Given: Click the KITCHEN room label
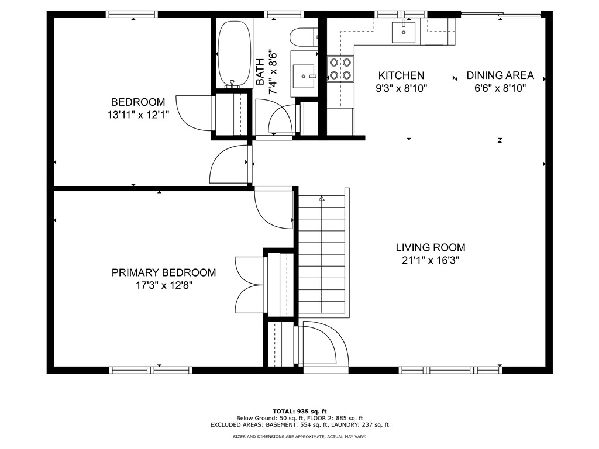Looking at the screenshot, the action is pos(401,75).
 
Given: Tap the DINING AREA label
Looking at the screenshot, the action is pos(500,75).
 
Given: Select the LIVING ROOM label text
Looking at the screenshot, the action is pos(431,247).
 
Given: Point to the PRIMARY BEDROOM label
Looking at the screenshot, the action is pos(164,272).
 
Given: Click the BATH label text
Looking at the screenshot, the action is pos(260,72).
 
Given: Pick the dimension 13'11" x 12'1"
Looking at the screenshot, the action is pos(138,115).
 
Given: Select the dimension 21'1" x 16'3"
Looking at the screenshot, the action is pos(431,260).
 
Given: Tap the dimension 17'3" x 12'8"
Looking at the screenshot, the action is pos(164,285).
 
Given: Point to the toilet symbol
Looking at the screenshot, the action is pos(304,37).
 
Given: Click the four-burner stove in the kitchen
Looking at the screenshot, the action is pos(340,69).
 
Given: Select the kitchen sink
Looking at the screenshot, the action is pos(404,32).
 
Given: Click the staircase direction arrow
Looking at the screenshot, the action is pos(322,199).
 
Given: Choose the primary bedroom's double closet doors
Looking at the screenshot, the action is pos(250,285).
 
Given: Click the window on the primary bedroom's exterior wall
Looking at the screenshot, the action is pos(150,370).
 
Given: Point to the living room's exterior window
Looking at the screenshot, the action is pos(450,370).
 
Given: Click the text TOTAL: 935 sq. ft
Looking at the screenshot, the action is pos(299,412).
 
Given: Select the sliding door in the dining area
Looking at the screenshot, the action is pos(501,15).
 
